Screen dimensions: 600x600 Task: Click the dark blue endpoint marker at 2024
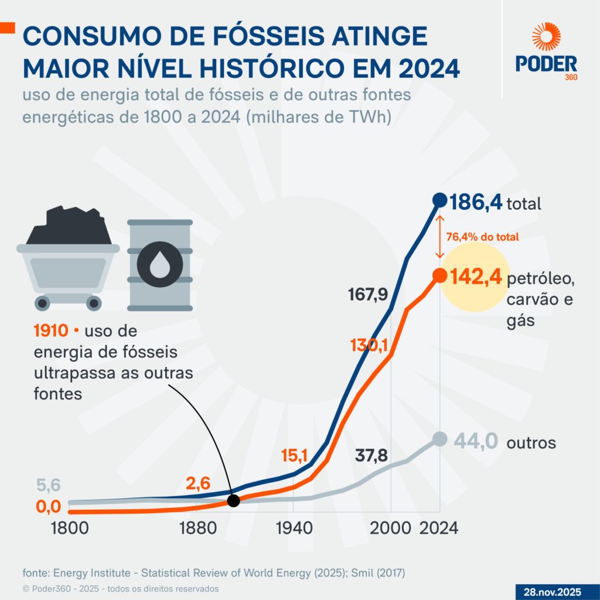coord(439,200)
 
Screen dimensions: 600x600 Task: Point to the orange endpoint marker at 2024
coord(439,274)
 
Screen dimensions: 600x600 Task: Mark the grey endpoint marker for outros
coord(439,439)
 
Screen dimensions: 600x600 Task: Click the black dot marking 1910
coord(234,500)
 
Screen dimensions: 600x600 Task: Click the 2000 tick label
coord(388,527)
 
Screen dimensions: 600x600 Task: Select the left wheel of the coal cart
coord(42,303)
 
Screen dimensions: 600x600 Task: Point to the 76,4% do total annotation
coord(483,237)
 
